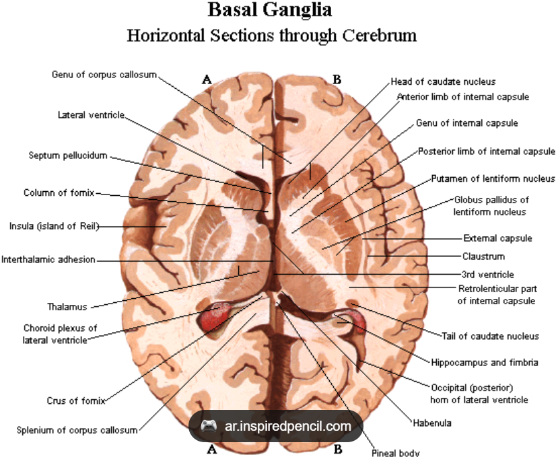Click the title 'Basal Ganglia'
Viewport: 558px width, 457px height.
[x=270, y=9]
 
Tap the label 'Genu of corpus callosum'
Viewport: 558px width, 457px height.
[x=104, y=75]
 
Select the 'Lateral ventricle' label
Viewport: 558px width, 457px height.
[x=91, y=115]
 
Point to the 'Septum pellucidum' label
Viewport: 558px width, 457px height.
[x=68, y=155]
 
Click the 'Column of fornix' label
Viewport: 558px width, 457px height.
[x=59, y=193]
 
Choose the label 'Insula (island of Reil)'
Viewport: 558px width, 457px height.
[x=54, y=226]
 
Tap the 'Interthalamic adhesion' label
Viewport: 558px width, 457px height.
[x=48, y=260]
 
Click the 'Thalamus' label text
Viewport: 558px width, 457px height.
[x=67, y=307]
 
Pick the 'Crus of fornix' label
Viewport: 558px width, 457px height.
[x=76, y=400]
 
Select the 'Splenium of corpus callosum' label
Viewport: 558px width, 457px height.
[x=77, y=430]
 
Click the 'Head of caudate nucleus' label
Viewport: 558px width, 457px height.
[x=443, y=82]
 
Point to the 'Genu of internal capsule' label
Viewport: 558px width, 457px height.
[x=467, y=123]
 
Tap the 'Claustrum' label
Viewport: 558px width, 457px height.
[x=484, y=256]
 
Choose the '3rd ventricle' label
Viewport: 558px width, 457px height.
[x=488, y=275]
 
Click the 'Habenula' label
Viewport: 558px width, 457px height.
[x=432, y=423]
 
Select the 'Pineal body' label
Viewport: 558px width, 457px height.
[x=395, y=453]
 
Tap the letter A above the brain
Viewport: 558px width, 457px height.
[x=207, y=79]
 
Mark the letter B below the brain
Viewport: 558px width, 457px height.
[x=338, y=450]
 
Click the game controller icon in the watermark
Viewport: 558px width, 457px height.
[x=209, y=425]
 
